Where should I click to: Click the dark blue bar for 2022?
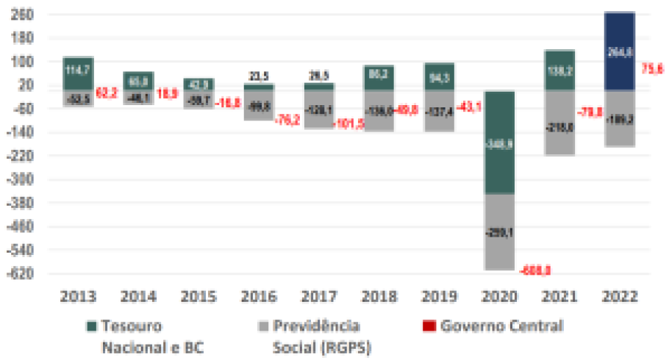[x=619, y=51]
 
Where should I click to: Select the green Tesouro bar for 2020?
[x=498, y=143]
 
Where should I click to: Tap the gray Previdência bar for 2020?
[x=498, y=231]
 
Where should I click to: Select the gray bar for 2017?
[x=318, y=109]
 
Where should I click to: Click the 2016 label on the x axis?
[x=259, y=297]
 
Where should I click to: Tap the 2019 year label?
[x=438, y=297]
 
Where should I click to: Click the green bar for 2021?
[x=559, y=71]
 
